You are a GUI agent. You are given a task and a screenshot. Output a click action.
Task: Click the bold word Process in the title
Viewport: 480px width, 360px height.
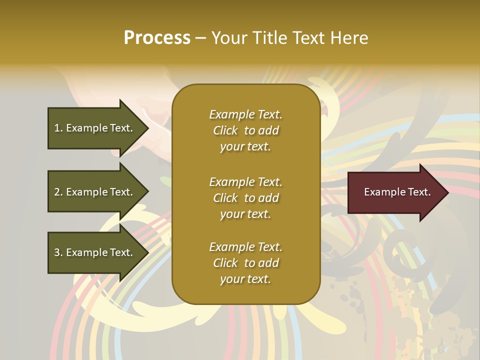pyautogui.click(x=157, y=38)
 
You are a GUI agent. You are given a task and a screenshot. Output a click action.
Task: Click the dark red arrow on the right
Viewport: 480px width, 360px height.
pyautogui.click(x=395, y=192)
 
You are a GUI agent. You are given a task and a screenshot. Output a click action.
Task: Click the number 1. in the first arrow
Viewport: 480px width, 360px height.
pyautogui.click(x=58, y=128)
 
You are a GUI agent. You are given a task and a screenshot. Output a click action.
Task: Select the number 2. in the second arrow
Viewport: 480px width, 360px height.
pyautogui.click(x=58, y=192)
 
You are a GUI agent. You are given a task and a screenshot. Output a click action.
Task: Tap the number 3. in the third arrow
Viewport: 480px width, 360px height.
pyautogui.click(x=58, y=252)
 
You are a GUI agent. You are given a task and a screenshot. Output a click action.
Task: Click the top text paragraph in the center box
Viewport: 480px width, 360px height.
pyautogui.click(x=245, y=130)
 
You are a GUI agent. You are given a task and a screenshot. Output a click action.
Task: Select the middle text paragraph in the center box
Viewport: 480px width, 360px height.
pyautogui.click(x=245, y=198)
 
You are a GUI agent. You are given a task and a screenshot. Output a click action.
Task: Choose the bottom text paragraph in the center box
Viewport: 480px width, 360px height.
pyautogui.click(x=245, y=263)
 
